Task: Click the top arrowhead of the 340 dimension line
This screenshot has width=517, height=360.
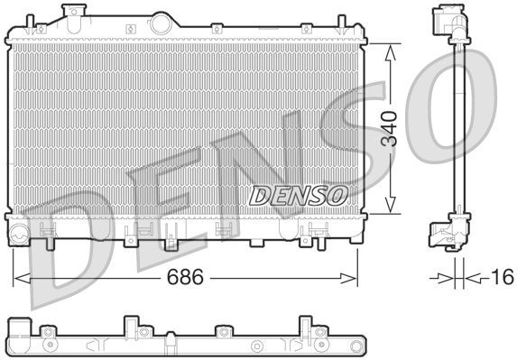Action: [390, 48]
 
